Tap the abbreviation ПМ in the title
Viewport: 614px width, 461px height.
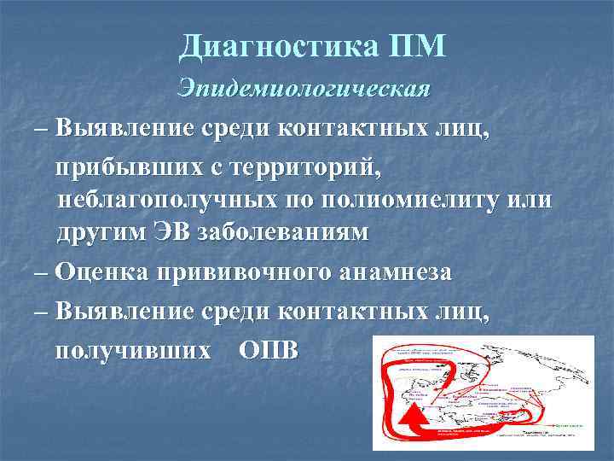coord(416,45)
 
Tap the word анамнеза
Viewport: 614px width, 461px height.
coord(394,272)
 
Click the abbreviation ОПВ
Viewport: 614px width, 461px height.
coord(269,351)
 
